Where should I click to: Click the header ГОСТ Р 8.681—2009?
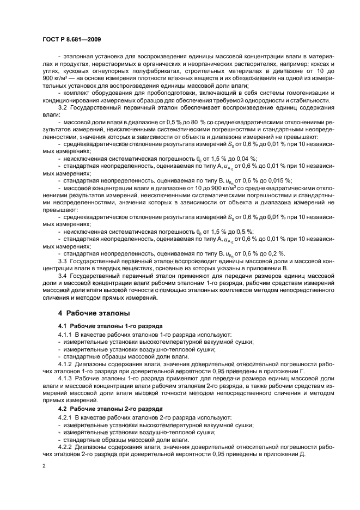[x=71, y=41]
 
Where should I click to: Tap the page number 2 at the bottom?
[x=44, y=467]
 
